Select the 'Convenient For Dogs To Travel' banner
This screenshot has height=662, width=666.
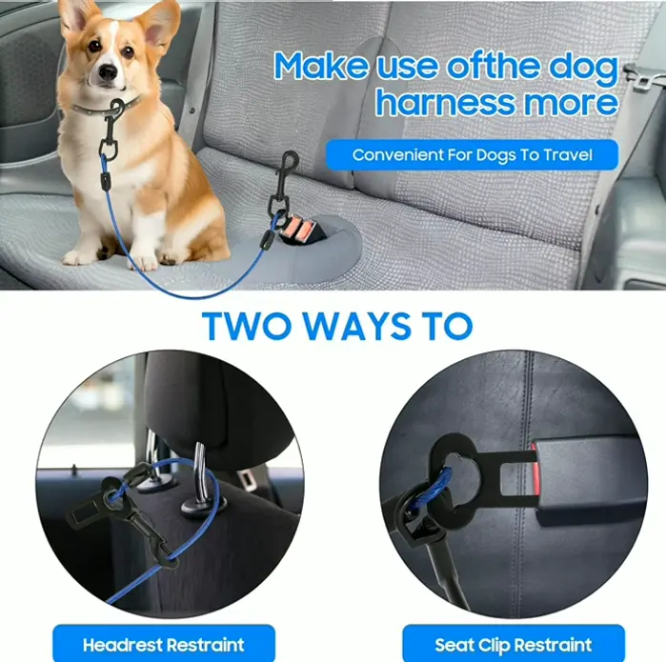tap(472, 154)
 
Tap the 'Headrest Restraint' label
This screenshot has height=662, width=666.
tap(163, 644)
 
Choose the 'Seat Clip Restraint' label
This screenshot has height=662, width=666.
tap(514, 644)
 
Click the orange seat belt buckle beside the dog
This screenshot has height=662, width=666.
tap(304, 229)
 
